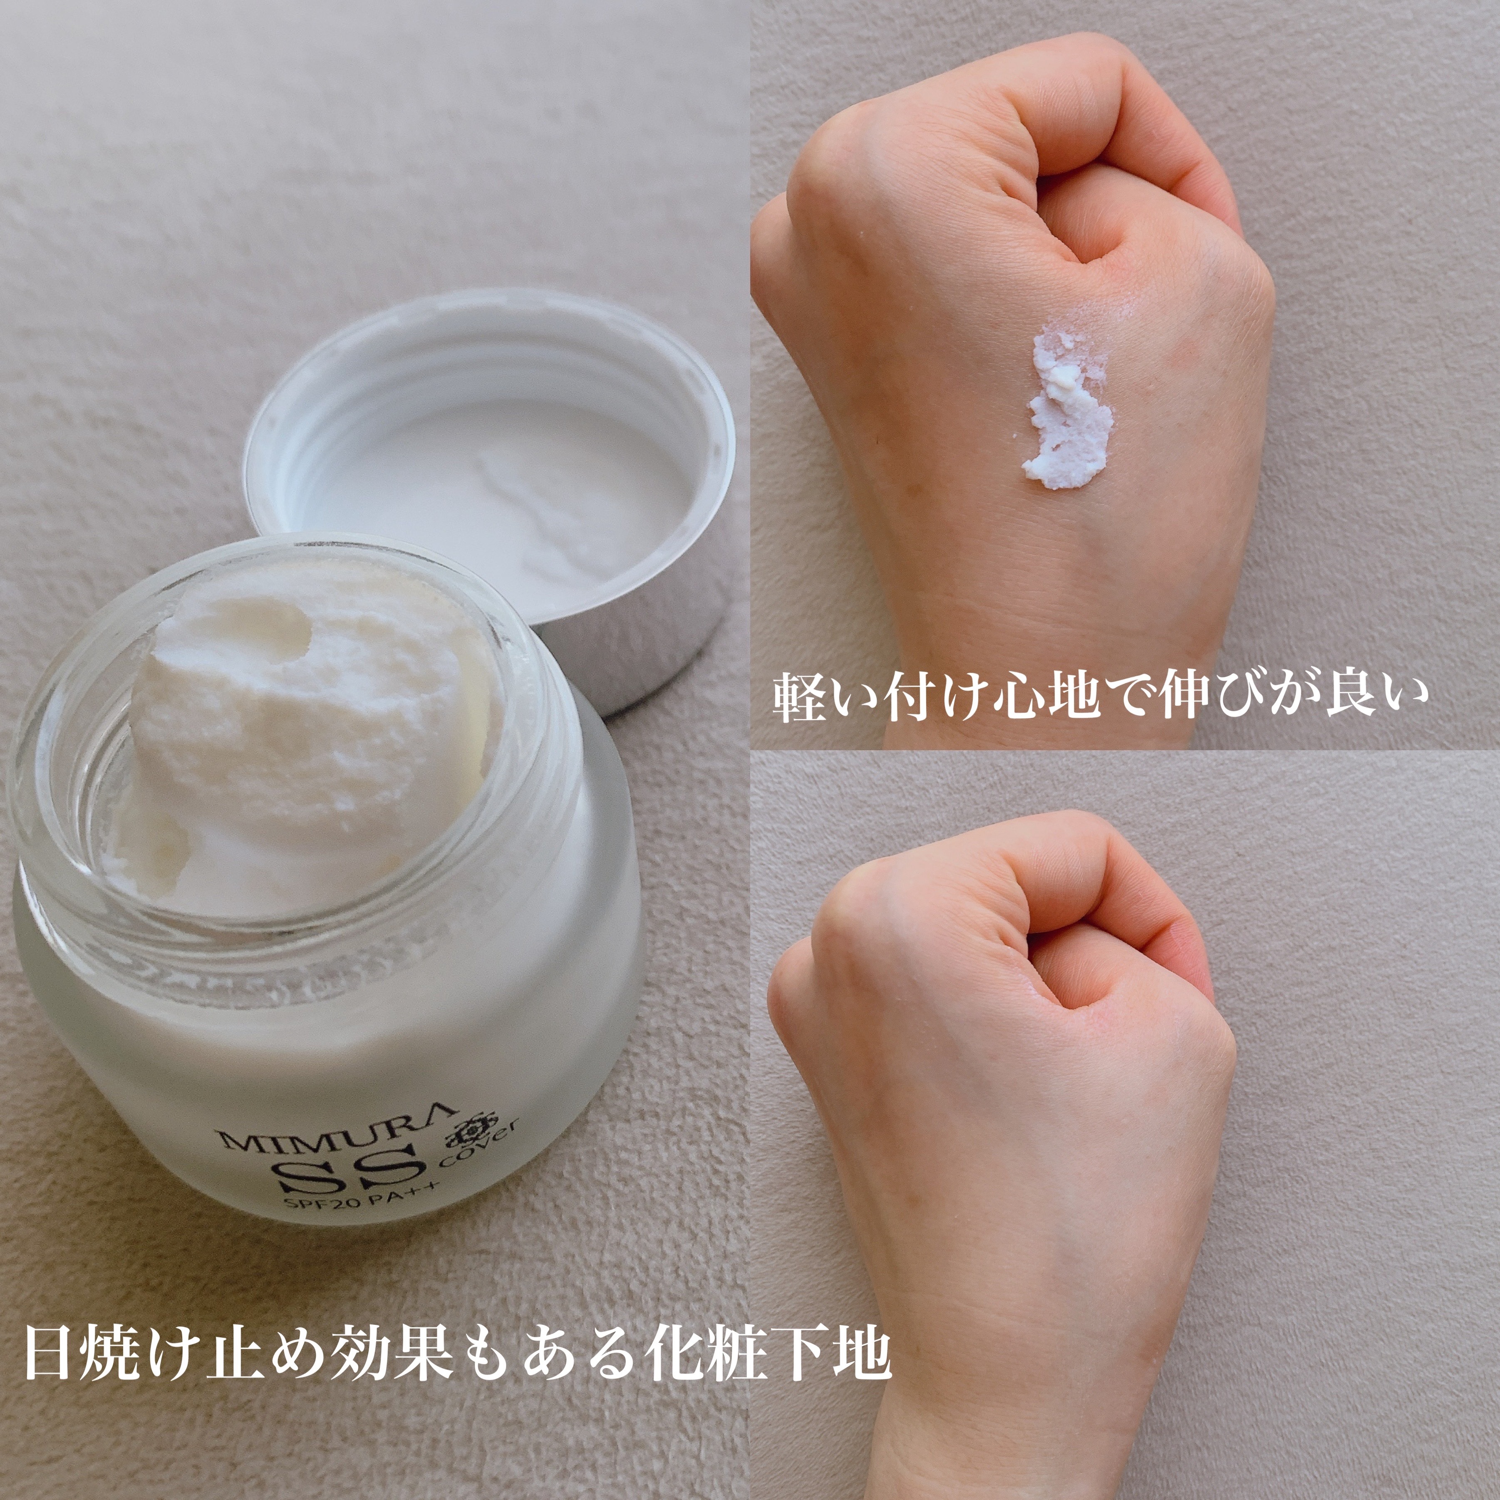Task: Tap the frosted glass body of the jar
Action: pos(326,1103)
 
